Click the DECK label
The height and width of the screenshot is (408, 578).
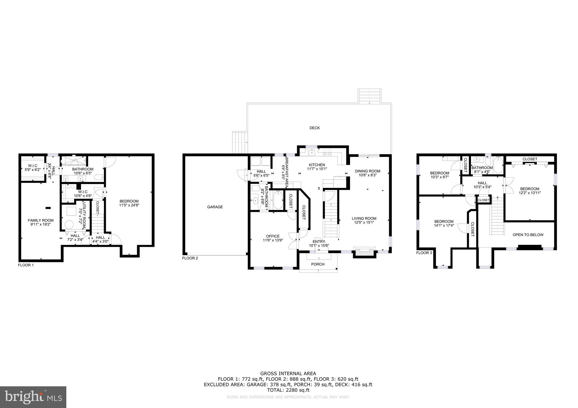(x=314, y=128)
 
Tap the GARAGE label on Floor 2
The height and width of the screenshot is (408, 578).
(x=215, y=207)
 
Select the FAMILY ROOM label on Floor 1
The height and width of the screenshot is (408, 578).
(x=40, y=220)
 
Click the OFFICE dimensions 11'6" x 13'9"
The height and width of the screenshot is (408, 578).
(x=273, y=240)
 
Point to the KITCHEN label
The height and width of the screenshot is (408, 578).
(x=317, y=165)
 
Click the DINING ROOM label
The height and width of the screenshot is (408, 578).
(x=367, y=171)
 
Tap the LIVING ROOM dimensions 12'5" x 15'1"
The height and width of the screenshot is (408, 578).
(x=364, y=223)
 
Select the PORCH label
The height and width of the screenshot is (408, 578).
(x=318, y=264)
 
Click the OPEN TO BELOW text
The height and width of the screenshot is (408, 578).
(x=528, y=235)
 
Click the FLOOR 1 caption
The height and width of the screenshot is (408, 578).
(x=26, y=265)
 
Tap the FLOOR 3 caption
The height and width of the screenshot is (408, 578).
(x=424, y=253)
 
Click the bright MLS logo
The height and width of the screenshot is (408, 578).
(x=33, y=397)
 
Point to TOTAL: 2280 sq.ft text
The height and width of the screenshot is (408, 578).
(x=288, y=390)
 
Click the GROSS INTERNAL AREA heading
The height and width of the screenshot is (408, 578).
(x=288, y=374)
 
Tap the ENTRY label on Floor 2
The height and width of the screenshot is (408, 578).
(x=319, y=241)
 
